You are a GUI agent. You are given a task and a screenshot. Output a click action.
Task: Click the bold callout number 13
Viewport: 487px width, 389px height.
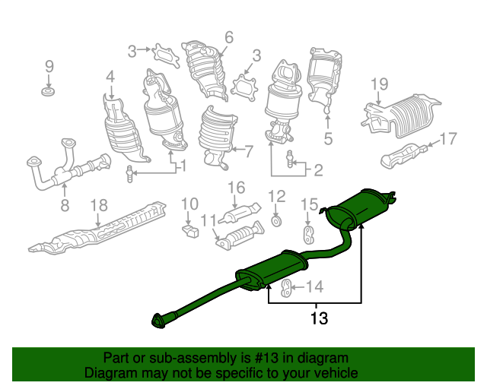coord(320,318)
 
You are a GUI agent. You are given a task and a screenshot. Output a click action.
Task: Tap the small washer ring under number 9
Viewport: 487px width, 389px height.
coord(48,92)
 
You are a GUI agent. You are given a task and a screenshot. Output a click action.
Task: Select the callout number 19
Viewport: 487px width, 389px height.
coord(380,84)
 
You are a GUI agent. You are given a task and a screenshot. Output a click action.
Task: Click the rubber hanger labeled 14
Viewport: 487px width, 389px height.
coord(286,287)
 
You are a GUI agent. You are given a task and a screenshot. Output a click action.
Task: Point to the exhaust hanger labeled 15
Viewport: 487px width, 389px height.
coord(307,235)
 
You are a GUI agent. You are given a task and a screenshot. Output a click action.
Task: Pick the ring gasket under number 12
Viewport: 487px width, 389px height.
coord(276,222)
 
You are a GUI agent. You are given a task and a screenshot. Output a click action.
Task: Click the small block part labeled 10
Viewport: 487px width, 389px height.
coord(189,231)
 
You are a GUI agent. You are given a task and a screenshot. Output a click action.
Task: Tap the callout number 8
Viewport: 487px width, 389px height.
coord(65,204)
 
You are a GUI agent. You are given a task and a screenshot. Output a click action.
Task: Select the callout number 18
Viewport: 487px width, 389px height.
coord(99,205)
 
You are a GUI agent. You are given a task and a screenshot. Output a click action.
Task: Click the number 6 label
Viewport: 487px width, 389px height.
coord(229,37)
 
